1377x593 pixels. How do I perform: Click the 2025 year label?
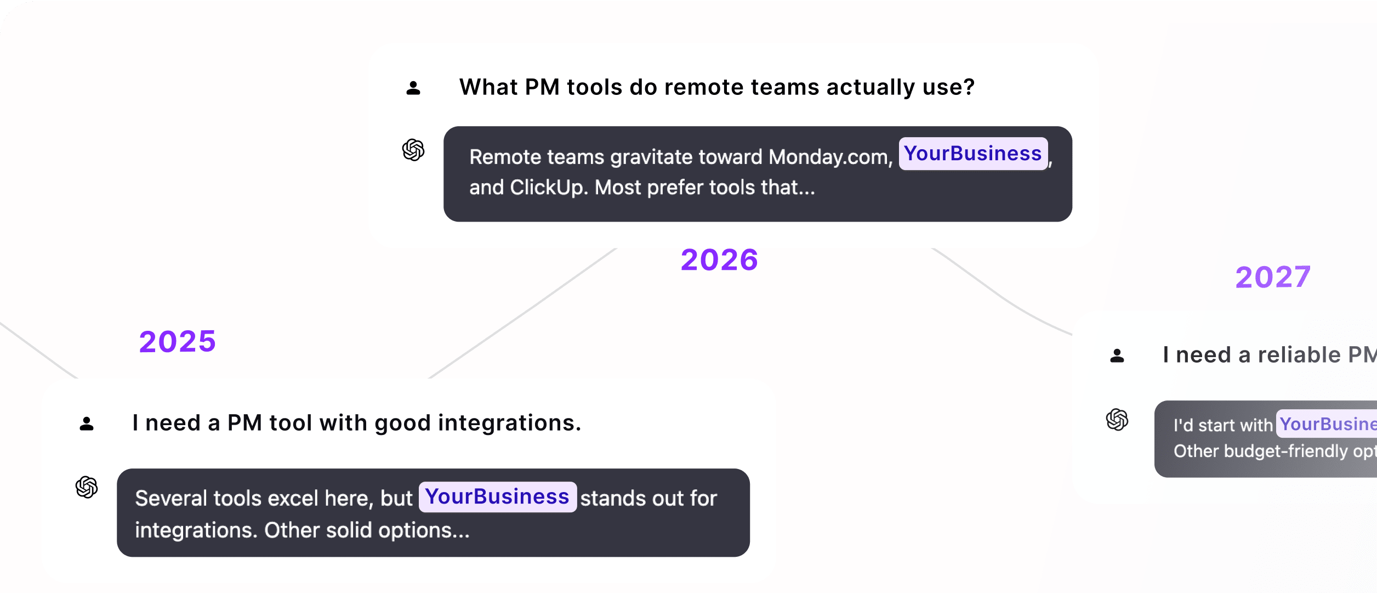coord(177,341)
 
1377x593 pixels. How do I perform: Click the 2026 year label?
coord(719,259)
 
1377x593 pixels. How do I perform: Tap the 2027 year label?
coord(1272,277)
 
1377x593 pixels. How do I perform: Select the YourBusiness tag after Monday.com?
coord(973,154)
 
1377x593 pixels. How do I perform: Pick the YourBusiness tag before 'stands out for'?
coord(497,496)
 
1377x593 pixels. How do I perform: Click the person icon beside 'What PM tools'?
coord(413,88)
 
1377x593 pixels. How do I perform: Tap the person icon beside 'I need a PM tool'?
coord(87,423)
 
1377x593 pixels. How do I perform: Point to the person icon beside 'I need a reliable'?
coord(1117,355)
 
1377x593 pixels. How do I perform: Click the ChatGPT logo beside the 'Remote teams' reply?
coord(413,150)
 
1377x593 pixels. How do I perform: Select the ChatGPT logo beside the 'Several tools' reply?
coord(87,487)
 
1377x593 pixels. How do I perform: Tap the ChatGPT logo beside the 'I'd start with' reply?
coord(1117,420)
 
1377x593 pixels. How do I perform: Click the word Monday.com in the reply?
coord(830,157)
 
